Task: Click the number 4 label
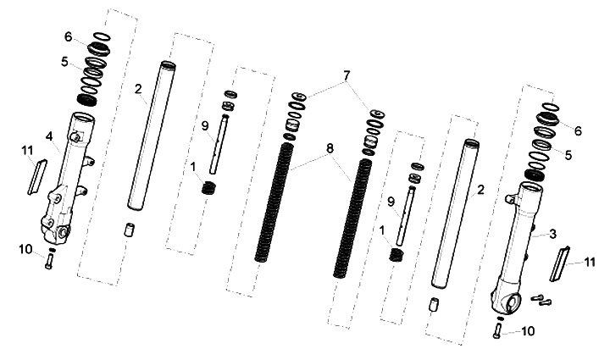tap(48, 136)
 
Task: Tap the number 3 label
tap(552, 234)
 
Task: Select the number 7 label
tap(347, 76)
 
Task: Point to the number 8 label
tap(330, 148)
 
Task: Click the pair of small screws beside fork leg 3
tap(541, 299)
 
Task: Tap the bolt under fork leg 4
tap(48, 261)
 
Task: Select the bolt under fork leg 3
tap(496, 330)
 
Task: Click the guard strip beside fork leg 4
tap(37, 177)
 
